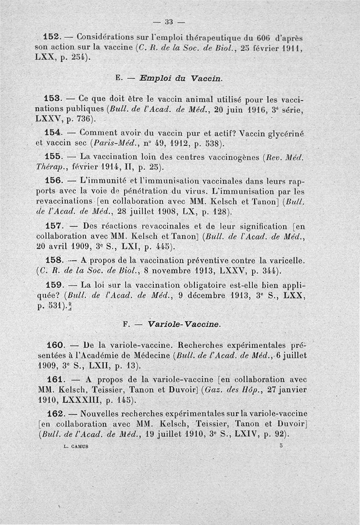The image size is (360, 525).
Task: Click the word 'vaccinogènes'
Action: [x=245, y=157]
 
